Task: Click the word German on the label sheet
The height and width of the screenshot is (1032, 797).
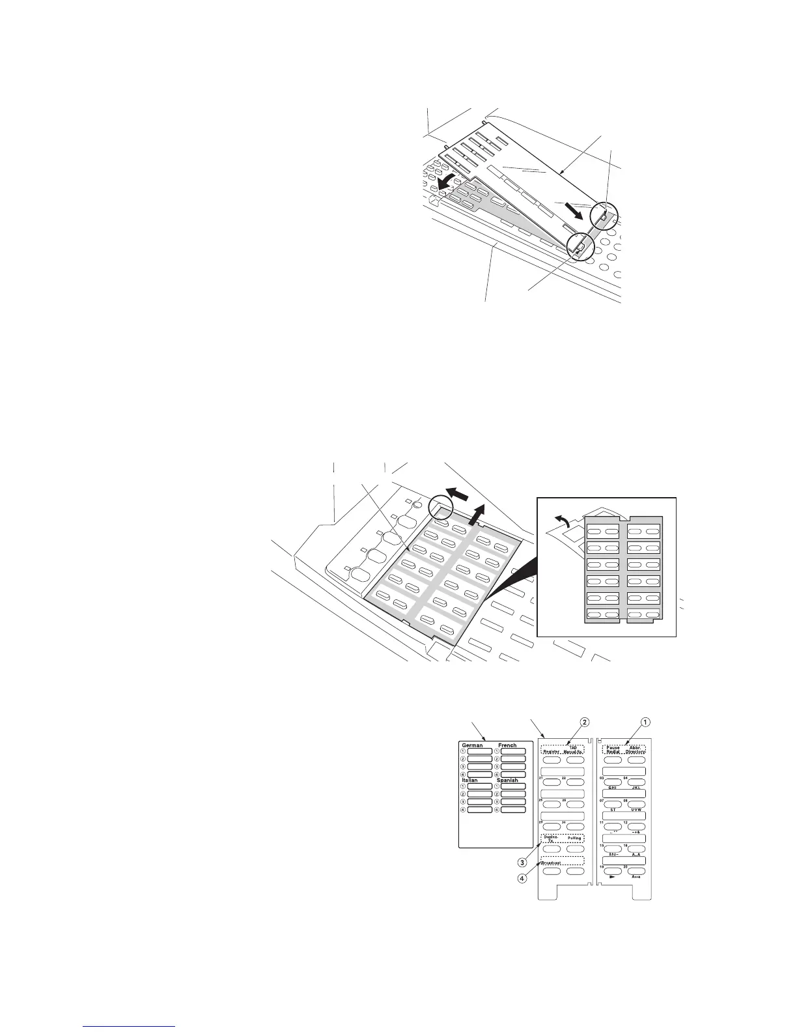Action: (472, 745)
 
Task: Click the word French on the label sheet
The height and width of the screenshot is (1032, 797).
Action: (507, 745)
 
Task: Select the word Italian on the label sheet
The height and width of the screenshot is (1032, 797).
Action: (469, 780)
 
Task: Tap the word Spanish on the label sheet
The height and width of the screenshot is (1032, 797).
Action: (507, 780)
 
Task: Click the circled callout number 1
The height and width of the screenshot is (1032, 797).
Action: (645, 722)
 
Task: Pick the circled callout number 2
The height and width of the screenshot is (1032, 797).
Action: (585, 722)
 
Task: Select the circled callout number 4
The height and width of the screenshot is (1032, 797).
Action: (522, 878)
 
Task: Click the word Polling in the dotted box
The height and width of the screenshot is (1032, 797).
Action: (574, 838)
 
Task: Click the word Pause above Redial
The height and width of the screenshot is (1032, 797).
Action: (613, 747)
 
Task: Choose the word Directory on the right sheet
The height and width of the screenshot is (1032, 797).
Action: (636, 752)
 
